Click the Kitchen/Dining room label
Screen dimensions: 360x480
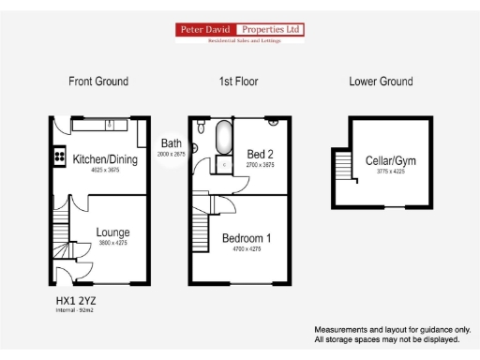105,159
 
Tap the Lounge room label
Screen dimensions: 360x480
113,232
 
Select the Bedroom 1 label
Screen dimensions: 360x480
247,238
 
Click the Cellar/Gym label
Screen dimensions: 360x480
389,160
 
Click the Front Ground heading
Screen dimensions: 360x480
98,82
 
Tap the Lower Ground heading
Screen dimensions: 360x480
381,82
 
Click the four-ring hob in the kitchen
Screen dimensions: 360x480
60,156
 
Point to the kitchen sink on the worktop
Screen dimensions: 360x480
110,124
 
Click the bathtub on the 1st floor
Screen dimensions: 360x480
223,139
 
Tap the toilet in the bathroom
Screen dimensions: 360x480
195,146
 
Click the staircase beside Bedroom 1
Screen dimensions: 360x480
200,226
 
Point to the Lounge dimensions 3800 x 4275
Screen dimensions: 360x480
113,243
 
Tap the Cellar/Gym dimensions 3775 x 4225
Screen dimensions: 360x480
389,172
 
